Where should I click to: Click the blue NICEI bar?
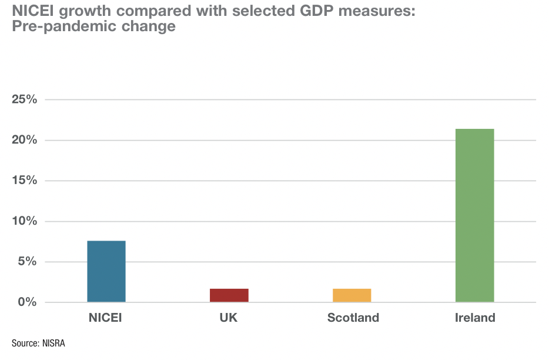[x=106, y=271]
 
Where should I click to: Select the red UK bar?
[x=229, y=295]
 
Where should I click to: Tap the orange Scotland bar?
[x=352, y=295]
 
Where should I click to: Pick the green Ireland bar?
[x=474, y=215]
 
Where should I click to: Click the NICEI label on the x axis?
[x=106, y=318]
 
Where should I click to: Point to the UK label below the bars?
[x=229, y=318]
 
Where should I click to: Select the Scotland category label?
[x=353, y=318]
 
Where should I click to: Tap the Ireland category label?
[x=475, y=318]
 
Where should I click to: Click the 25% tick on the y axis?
[x=25, y=99]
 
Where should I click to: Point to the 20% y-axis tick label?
[x=25, y=140]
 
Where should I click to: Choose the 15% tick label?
[x=25, y=181]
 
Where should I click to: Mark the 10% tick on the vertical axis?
[x=25, y=221]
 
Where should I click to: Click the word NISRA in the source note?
[x=53, y=343]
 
